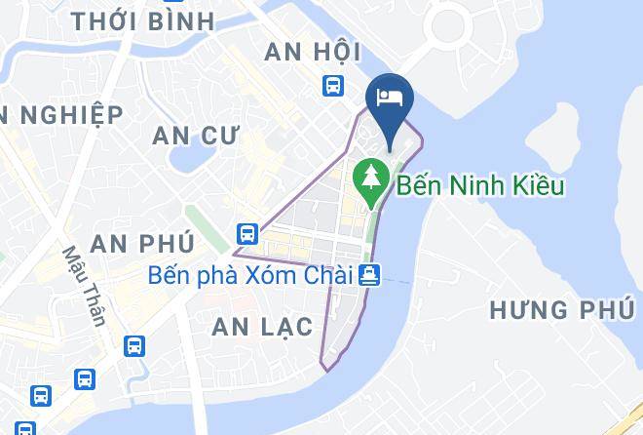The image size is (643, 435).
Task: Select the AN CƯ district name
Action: pos(195,136)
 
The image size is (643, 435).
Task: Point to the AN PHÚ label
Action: pos(141,242)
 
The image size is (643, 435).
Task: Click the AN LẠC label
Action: pos(263,327)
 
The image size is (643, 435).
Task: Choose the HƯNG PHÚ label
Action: pos(561,310)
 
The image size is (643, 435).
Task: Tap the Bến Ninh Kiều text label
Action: pos(479,185)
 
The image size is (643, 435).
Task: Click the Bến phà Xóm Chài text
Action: pos(249,276)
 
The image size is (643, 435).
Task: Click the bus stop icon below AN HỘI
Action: pos(333,86)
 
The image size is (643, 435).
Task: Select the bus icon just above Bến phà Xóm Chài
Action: pos(246,234)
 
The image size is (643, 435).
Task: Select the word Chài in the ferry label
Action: pos(327,276)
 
